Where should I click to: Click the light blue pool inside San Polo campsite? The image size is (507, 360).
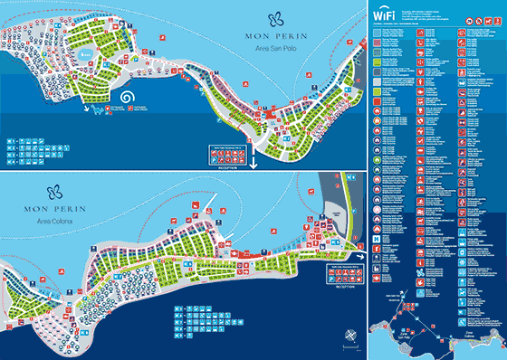pos(85,55)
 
